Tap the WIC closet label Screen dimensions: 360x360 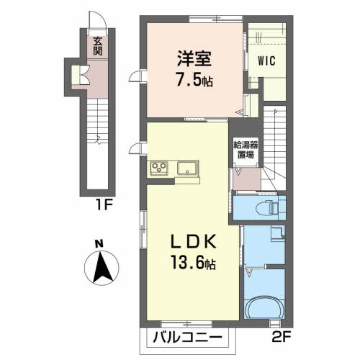[x=266, y=60]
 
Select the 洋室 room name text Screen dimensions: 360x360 [x=194, y=58]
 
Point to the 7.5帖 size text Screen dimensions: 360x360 [x=194, y=79]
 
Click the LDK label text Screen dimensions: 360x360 [x=194, y=242]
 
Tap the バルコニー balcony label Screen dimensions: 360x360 [x=187, y=338]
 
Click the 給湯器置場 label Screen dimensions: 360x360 [x=246, y=150]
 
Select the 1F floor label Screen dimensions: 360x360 [x=104, y=204]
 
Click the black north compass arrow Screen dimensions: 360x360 [x=102, y=267]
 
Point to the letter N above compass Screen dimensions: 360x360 [x=99, y=244]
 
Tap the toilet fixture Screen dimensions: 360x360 [x=267, y=208]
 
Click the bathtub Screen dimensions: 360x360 [x=264, y=307]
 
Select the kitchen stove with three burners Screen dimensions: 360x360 [x=159, y=167]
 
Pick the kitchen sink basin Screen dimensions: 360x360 [x=187, y=168]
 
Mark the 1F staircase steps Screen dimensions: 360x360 [x=97, y=121]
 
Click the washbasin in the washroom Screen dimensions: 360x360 [x=278, y=233]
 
